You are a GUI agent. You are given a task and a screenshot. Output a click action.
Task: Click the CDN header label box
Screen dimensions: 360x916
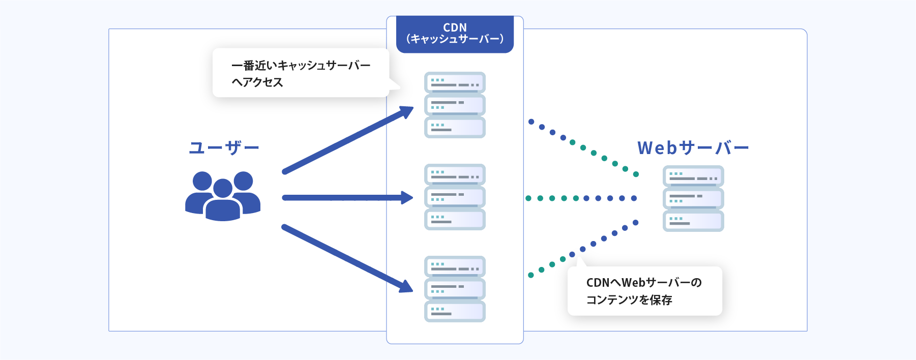click(455, 34)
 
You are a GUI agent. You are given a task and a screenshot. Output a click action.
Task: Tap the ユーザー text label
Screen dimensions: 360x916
click(224, 148)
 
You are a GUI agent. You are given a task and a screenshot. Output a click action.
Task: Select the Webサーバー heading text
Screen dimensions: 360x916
click(693, 148)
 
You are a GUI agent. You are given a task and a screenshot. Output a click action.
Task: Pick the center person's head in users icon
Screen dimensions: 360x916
click(223, 188)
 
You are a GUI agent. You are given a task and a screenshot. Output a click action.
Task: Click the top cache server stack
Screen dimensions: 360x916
click(455, 105)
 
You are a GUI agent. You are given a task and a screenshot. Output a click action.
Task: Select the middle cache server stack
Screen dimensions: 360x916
click(455, 197)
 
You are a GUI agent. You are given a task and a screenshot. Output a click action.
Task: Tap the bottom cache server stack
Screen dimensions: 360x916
click(455, 289)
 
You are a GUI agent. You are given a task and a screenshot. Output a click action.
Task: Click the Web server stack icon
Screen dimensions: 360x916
click(693, 198)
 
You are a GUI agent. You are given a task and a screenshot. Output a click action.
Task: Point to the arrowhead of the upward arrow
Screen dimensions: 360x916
click(407, 111)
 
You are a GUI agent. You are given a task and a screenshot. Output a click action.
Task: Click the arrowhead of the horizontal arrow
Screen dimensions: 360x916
click(407, 198)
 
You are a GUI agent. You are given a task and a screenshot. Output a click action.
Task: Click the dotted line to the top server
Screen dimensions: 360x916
click(583, 147)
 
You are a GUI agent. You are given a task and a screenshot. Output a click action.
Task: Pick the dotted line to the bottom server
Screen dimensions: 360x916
click(583, 249)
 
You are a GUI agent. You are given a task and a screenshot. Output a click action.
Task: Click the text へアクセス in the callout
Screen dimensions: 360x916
click(257, 82)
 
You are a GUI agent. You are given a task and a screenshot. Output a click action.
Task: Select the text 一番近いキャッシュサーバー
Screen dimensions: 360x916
click(301, 66)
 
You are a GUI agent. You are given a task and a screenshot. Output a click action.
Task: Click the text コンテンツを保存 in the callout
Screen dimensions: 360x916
click(629, 300)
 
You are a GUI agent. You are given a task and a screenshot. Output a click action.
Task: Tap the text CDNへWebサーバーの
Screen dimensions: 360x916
click(644, 283)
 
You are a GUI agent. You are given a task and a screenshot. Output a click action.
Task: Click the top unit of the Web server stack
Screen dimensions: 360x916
click(693, 176)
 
